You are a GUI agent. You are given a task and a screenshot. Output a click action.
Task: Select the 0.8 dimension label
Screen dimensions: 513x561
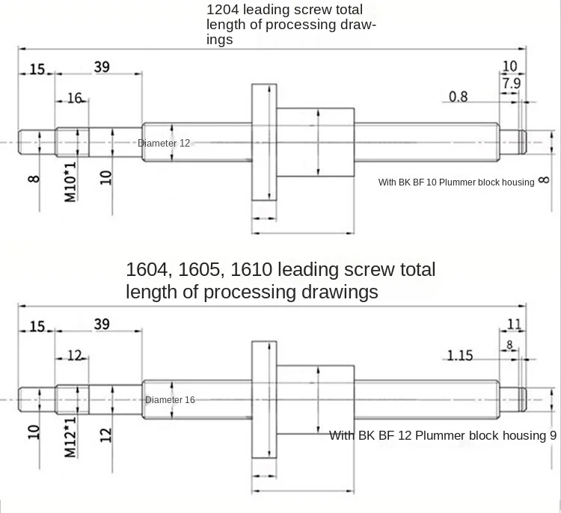(x=459, y=96)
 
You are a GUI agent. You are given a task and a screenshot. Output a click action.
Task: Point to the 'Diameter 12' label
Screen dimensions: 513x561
(x=164, y=143)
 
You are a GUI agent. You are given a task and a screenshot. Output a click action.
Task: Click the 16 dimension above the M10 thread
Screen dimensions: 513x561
(x=74, y=98)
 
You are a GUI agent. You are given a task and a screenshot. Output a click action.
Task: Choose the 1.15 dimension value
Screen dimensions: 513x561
(x=460, y=355)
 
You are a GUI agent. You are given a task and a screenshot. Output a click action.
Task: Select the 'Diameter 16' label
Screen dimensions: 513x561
(x=170, y=400)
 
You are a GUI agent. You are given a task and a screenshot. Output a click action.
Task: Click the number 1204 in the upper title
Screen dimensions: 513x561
(x=224, y=10)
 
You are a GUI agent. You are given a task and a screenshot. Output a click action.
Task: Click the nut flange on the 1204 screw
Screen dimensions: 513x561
(x=263, y=142)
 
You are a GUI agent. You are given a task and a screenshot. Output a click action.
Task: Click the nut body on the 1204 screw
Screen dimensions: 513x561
(x=315, y=142)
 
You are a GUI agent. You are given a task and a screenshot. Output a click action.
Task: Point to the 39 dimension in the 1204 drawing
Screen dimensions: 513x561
(x=102, y=67)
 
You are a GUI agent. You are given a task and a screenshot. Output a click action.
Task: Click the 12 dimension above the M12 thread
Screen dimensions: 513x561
(x=74, y=355)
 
